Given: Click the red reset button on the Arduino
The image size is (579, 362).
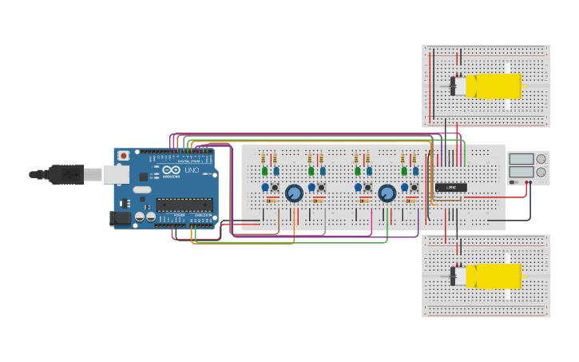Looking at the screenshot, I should (124, 155).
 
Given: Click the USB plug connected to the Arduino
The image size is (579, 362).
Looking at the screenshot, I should (67, 173).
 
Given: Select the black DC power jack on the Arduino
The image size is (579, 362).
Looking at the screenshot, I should (121, 217).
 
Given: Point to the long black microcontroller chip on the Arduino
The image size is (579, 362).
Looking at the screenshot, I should (184, 205).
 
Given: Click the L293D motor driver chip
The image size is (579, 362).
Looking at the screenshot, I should (450, 187).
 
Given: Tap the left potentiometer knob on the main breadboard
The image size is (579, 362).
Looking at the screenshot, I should (294, 193).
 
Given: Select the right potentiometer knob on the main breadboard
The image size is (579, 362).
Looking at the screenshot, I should (387, 193).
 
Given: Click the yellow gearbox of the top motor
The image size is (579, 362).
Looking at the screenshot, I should (493, 86).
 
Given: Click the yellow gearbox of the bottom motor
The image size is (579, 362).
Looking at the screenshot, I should (493, 276).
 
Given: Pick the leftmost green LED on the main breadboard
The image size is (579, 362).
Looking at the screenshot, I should (264, 171).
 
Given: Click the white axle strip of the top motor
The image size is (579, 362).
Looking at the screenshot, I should (508, 86).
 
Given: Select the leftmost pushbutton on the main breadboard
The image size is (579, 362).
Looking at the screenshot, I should (275, 188).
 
